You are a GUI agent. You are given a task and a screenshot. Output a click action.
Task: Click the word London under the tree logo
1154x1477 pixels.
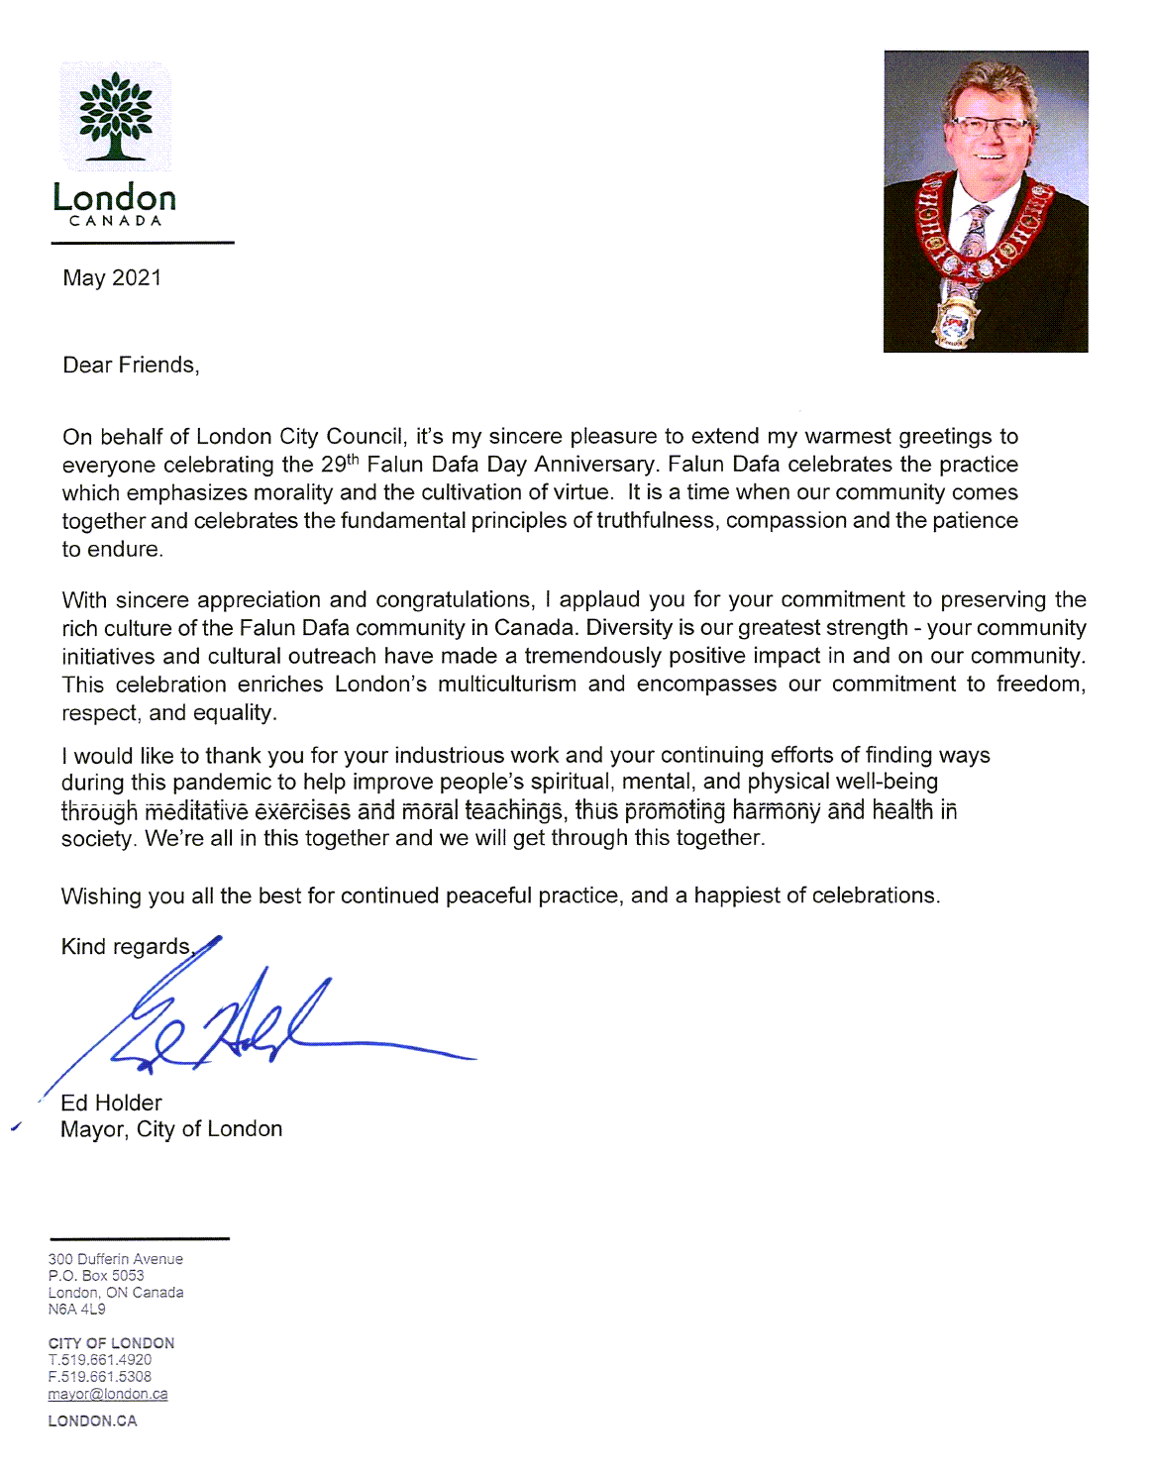114,197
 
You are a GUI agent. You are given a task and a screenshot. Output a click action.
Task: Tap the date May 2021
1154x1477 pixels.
112,278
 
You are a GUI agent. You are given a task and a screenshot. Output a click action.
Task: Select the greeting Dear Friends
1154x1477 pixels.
131,366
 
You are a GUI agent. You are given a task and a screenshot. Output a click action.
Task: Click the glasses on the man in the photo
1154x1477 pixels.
989,127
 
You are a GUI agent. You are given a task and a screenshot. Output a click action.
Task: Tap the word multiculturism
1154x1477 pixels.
506,685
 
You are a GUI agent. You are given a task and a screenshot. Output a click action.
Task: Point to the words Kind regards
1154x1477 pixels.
126,947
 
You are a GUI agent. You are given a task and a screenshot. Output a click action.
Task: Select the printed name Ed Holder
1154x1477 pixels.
111,1103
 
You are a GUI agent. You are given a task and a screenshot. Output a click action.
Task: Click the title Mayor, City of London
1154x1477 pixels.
171,1129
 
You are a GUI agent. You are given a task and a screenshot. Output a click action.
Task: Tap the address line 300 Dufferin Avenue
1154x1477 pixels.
116,1259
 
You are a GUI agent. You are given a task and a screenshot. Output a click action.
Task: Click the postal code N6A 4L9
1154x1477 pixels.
76,1310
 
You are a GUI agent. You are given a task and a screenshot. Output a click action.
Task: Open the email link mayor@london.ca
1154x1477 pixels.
108,1394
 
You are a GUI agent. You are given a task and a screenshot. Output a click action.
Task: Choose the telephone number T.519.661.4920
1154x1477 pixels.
100,1360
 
